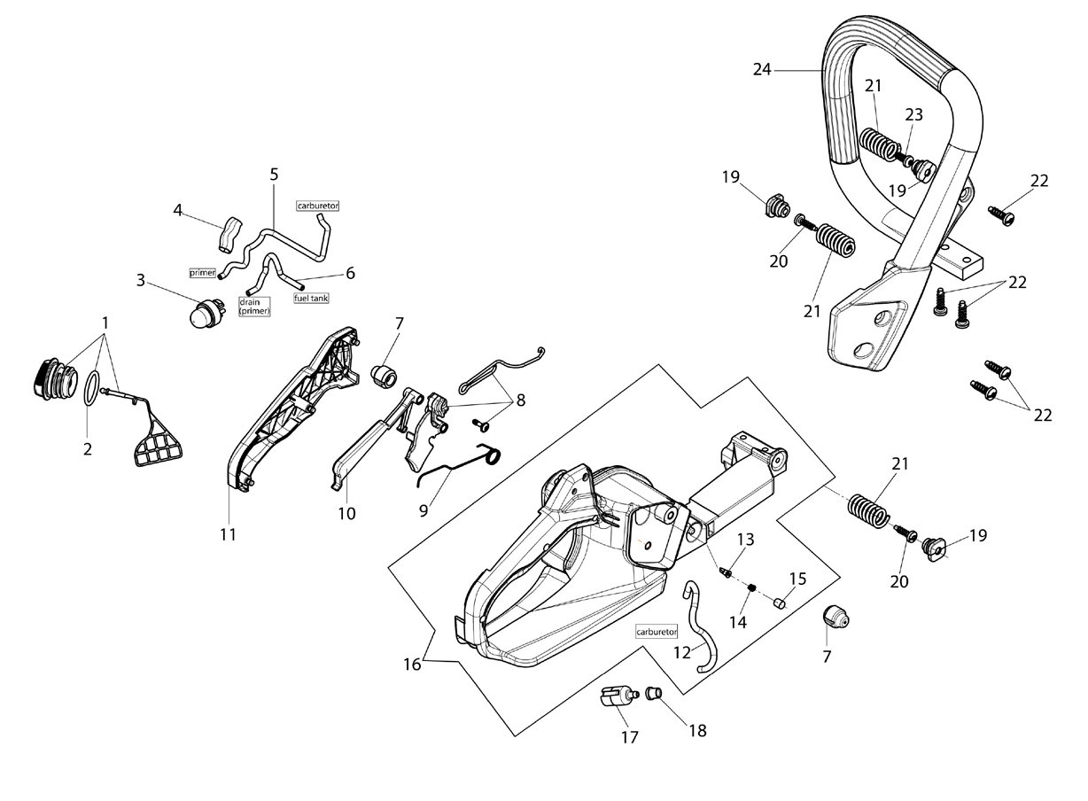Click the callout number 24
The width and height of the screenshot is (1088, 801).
click(x=762, y=70)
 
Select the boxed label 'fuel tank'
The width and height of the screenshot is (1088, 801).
click(x=311, y=299)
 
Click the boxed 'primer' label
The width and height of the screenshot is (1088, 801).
click(x=203, y=273)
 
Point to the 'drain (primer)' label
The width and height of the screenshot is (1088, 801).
click(x=254, y=307)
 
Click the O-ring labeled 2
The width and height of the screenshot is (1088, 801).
click(x=92, y=389)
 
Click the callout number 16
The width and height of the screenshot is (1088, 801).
click(x=412, y=665)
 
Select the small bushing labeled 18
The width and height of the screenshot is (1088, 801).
click(x=653, y=693)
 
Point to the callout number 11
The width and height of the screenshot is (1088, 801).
click(x=229, y=535)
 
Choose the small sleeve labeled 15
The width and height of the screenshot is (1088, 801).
click(x=779, y=603)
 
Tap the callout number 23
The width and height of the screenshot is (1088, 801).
click(x=913, y=114)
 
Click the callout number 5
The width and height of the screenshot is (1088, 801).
click(x=274, y=174)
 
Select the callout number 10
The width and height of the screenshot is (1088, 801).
click(x=346, y=513)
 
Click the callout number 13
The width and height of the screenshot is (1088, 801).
click(x=746, y=540)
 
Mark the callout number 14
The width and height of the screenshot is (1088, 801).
click(x=738, y=622)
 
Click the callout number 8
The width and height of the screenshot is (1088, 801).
click(x=521, y=400)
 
